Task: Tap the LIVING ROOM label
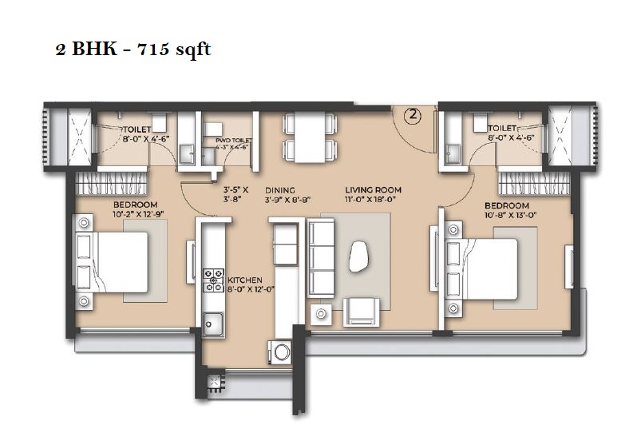click(x=373, y=189)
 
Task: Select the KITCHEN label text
click(x=245, y=280)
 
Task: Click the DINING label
click(x=280, y=190)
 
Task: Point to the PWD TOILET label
click(x=234, y=140)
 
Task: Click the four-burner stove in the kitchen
click(x=213, y=280)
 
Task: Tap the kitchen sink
click(x=212, y=324)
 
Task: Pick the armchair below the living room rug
click(x=362, y=312)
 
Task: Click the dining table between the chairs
click(x=310, y=137)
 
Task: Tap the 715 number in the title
click(x=152, y=50)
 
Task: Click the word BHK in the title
click(x=95, y=49)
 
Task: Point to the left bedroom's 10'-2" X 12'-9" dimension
click(x=138, y=214)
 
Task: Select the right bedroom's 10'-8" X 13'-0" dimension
click(x=510, y=215)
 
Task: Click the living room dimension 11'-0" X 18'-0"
click(x=370, y=200)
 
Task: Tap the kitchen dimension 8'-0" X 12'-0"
click(x=251, y=288)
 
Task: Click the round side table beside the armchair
click(x=321, y=314)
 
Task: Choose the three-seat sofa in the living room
click(x=321, y=258)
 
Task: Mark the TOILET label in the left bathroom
click(x=136, y=129)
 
